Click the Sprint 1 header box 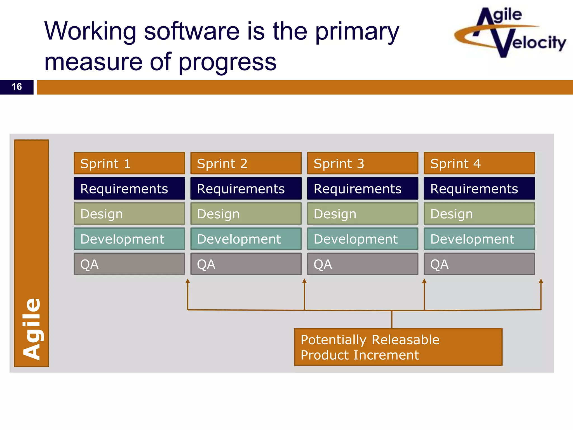tap(129, 163)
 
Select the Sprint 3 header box tap(363, 163)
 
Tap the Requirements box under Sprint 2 tap(246, 188)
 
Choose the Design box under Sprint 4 tap(479, 214)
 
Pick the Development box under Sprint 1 tap(129, 239)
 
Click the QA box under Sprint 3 tap(363, 264)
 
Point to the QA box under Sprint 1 tap(129, 264)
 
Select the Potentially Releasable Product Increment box tap(398, 347)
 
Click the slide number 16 tap(17, 87)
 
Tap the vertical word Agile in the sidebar tap(32, 329)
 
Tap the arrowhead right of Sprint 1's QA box tap(188, 281)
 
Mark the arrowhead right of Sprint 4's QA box tap(541, 281)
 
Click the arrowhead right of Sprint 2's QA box tap(304, 281)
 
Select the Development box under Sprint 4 tap(479, 239)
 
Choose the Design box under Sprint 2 tap(246, 214)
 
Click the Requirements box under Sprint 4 tap(479, 188)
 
